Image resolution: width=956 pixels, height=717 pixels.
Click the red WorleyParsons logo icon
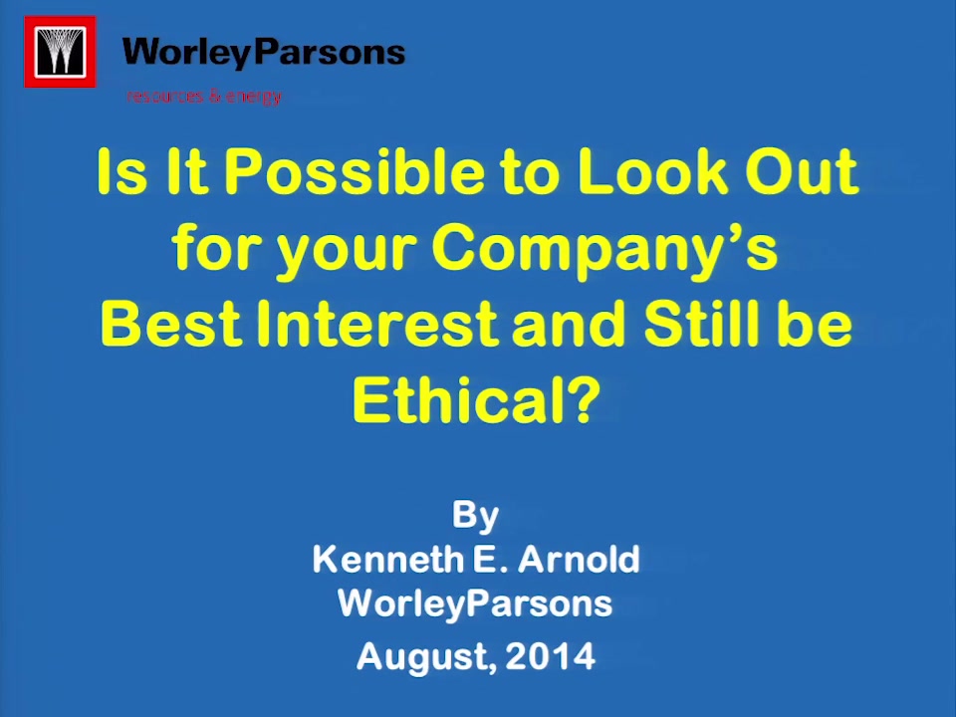click(x=60, y=52)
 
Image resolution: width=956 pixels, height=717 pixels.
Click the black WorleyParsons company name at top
click(x=263, y=53)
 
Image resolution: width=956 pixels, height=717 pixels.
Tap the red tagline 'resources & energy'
click(x=204, y=97)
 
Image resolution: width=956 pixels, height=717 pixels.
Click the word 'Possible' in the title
click(x=355, y=171)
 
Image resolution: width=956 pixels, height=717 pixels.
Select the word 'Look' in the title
click(x=653, y=171)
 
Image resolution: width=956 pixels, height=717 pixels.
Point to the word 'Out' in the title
click(x=802, y=171)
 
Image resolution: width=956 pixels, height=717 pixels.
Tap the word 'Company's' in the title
click(x=604, y=251)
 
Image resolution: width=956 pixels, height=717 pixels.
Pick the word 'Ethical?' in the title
click(x=477, y=399)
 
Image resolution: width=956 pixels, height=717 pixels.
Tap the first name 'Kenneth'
click(x=388, y=559)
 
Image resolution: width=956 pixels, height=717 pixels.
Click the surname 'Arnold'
click(x=579, y=559)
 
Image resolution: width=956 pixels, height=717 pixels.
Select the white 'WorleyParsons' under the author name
click(x=475, y=604)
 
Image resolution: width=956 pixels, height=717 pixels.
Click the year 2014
click(x=550, y=656)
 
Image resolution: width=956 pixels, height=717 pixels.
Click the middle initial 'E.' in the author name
click(x=490, y=559)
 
